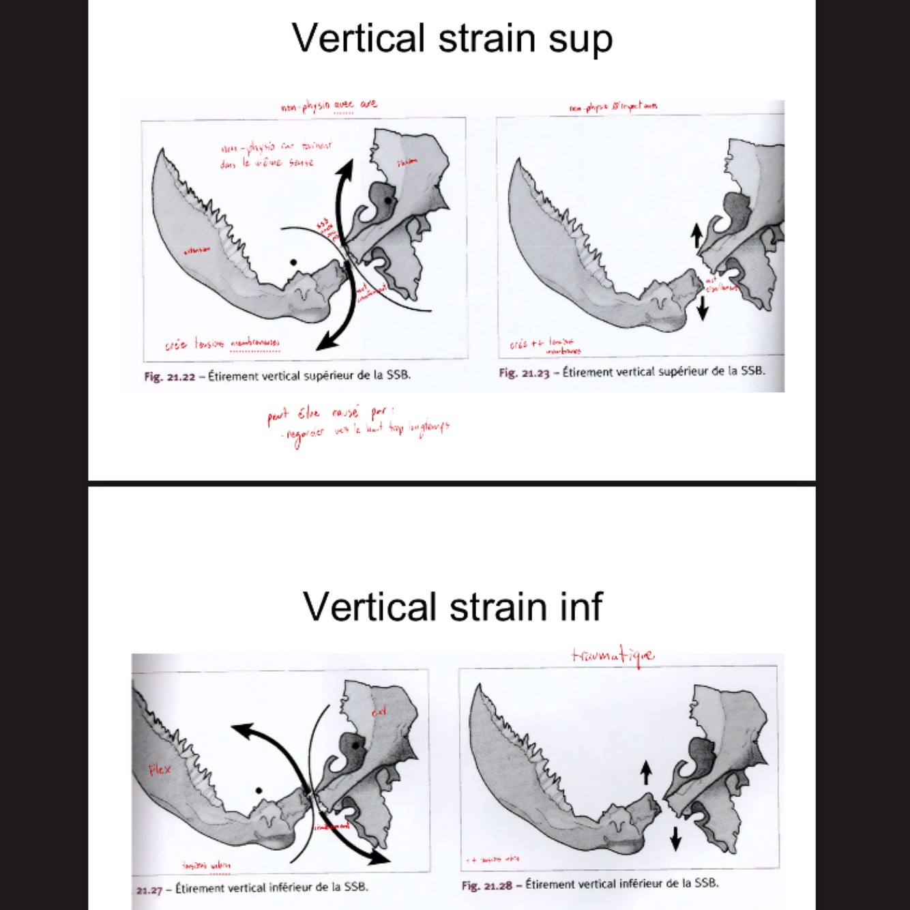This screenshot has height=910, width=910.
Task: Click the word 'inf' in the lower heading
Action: coord(580,606)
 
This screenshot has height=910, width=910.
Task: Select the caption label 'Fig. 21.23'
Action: coord(523,372)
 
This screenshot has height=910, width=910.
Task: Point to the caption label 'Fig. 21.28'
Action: coord(486,885)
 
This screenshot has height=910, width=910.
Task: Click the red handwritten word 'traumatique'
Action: coord(613,656)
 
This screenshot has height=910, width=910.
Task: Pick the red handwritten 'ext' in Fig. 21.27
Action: coord(379,711)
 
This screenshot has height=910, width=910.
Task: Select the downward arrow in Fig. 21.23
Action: coord(703,309)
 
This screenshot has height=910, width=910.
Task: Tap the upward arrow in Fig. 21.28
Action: coord(646,773)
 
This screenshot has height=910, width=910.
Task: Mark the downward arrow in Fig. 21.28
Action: coord(675,838)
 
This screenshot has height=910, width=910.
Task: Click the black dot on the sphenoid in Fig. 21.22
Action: coord(387,200)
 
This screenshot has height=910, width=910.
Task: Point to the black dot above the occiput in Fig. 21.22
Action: coord(293,262)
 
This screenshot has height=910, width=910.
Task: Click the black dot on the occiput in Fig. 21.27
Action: coord(259,791)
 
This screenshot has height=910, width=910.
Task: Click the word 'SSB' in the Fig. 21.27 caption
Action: coord(355,887)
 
